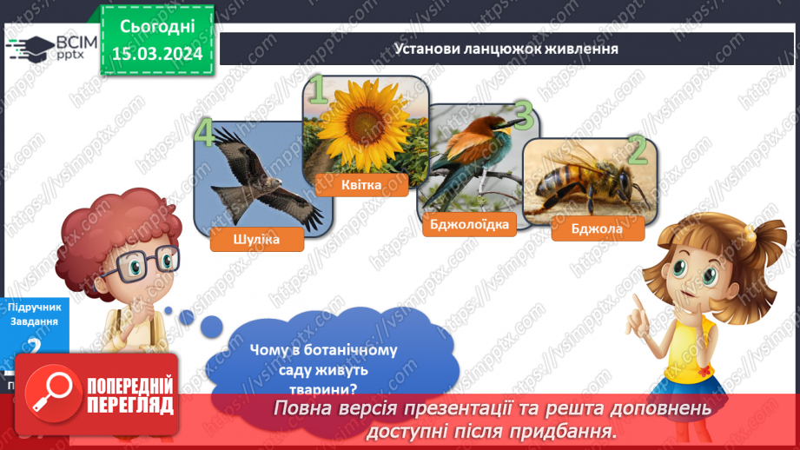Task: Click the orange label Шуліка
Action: [x=257, y=239]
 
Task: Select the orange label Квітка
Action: [x=361, y=183]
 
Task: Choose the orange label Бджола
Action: [x=598, y=230]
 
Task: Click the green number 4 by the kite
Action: [x=205, y=135]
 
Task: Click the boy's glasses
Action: [x=143, y=260]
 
